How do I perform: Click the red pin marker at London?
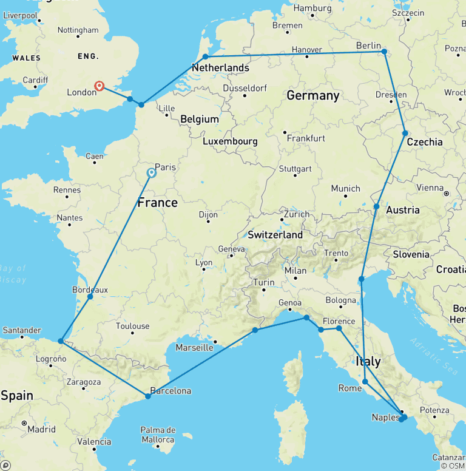pyautogui.click(x=100, y=86)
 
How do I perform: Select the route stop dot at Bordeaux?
pyautogui.click(x=90, y=297)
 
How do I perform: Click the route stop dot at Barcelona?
pyautogui.click(x=148, y=396)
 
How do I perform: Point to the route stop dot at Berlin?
pyautogui.click(x=384, y=52)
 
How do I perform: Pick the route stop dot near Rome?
pyautogui.click(x=365, y=382)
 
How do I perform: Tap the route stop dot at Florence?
pyautogui.click(x=339, y=328)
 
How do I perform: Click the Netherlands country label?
pyautogui.click(x=220, y=67)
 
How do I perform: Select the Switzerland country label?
pyautogui.click(x=275, y=234)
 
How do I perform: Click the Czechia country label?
pyautogui.click(x=424, y=142)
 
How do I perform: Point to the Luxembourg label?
pyautogui.click(x=230, y=141)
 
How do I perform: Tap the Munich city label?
pyautogui.click(x=345, y=189)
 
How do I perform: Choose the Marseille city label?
pyautogui.click(x=194, y=348)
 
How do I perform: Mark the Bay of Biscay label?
pyautogui.click(x=14, y=273)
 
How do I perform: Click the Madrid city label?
pyautogui.click(x=41, y=429)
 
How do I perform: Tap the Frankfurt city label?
pyautogui.click(x=306, y=138)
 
